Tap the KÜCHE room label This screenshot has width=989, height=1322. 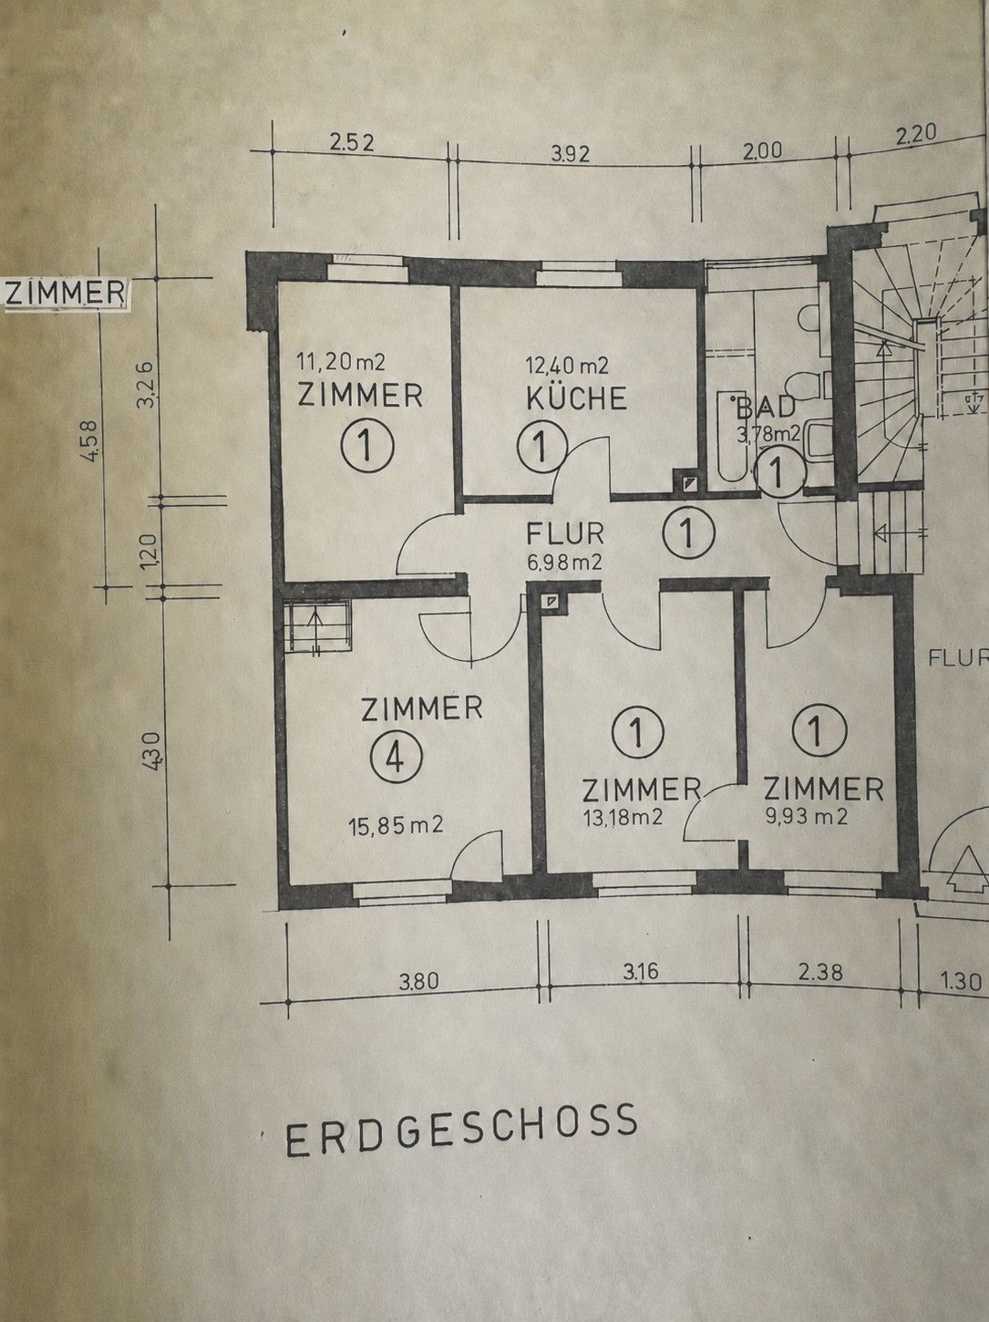(577, 398)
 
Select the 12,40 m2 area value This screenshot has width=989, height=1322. (567, 365)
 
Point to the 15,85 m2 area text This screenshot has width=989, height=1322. (396, 824)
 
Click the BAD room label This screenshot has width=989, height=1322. (767, 408)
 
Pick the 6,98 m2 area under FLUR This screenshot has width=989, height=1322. (564, 563)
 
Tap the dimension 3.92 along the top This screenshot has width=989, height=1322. (570, 155)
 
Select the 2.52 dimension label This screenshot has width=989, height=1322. (352, 142)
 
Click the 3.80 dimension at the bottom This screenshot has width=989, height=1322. (418, 983)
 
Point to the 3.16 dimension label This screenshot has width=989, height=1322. (641, 972)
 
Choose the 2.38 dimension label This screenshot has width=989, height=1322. (821, 972)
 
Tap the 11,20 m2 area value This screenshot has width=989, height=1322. (340, 362)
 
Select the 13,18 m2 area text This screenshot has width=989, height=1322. (623, 817)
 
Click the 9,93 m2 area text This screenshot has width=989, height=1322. (806, 817)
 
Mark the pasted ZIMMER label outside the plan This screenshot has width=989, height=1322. (65, 293)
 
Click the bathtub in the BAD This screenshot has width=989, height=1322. (732, 436)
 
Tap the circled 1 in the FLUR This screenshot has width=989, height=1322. (688, 532)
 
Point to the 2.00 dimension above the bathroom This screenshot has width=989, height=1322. (761, 150)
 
